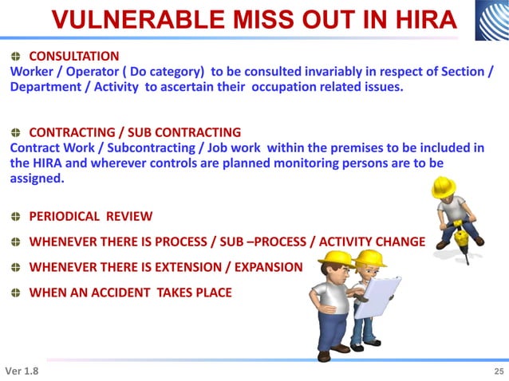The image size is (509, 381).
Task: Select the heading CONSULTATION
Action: point(74,56)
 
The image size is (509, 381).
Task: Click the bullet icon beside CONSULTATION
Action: point(16,56)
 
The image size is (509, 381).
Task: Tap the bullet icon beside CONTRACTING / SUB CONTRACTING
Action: point(16,132)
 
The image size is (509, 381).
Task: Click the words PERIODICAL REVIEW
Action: point(91,216)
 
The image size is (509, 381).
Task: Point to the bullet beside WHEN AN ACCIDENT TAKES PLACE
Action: point(16,293)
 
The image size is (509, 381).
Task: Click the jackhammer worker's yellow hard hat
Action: point(443,186)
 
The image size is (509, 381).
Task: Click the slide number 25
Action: point(499,371)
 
